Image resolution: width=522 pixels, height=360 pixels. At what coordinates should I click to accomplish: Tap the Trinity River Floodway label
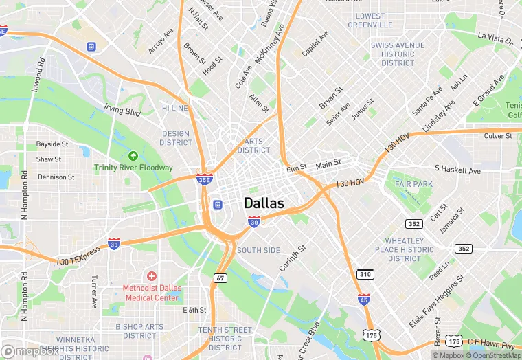tap(133, 168)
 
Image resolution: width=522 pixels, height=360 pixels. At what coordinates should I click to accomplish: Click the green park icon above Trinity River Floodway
tap(133, 156)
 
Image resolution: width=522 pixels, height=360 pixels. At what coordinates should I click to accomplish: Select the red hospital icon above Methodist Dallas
tap(151, 275)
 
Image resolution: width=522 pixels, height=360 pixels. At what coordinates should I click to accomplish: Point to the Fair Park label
tap(414, 184)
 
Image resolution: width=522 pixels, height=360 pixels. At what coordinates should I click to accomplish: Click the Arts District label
tap(253, 146)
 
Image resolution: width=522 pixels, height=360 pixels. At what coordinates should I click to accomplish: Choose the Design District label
tap(176, 138)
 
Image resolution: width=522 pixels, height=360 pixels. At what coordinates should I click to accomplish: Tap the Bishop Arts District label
tap(140, 331)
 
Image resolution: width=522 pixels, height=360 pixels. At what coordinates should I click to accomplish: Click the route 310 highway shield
tap(365, 275)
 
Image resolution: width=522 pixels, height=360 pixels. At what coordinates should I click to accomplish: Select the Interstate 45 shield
tap(363, 299)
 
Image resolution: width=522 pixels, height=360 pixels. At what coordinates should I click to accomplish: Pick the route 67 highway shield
tap(220, 278)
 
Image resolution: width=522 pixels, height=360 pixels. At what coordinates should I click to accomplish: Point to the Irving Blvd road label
tap(122, 111)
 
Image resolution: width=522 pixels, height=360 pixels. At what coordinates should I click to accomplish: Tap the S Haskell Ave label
tap(457, 169)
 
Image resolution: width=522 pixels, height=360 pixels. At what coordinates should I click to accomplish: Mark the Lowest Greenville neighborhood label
tap(370, 21)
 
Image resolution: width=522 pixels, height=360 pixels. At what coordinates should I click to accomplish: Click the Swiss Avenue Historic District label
tap(398, 54)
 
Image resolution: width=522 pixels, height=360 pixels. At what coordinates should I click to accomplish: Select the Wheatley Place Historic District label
tap(404, 249)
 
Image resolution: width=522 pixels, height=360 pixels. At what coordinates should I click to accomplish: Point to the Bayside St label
tap(52, 144)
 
